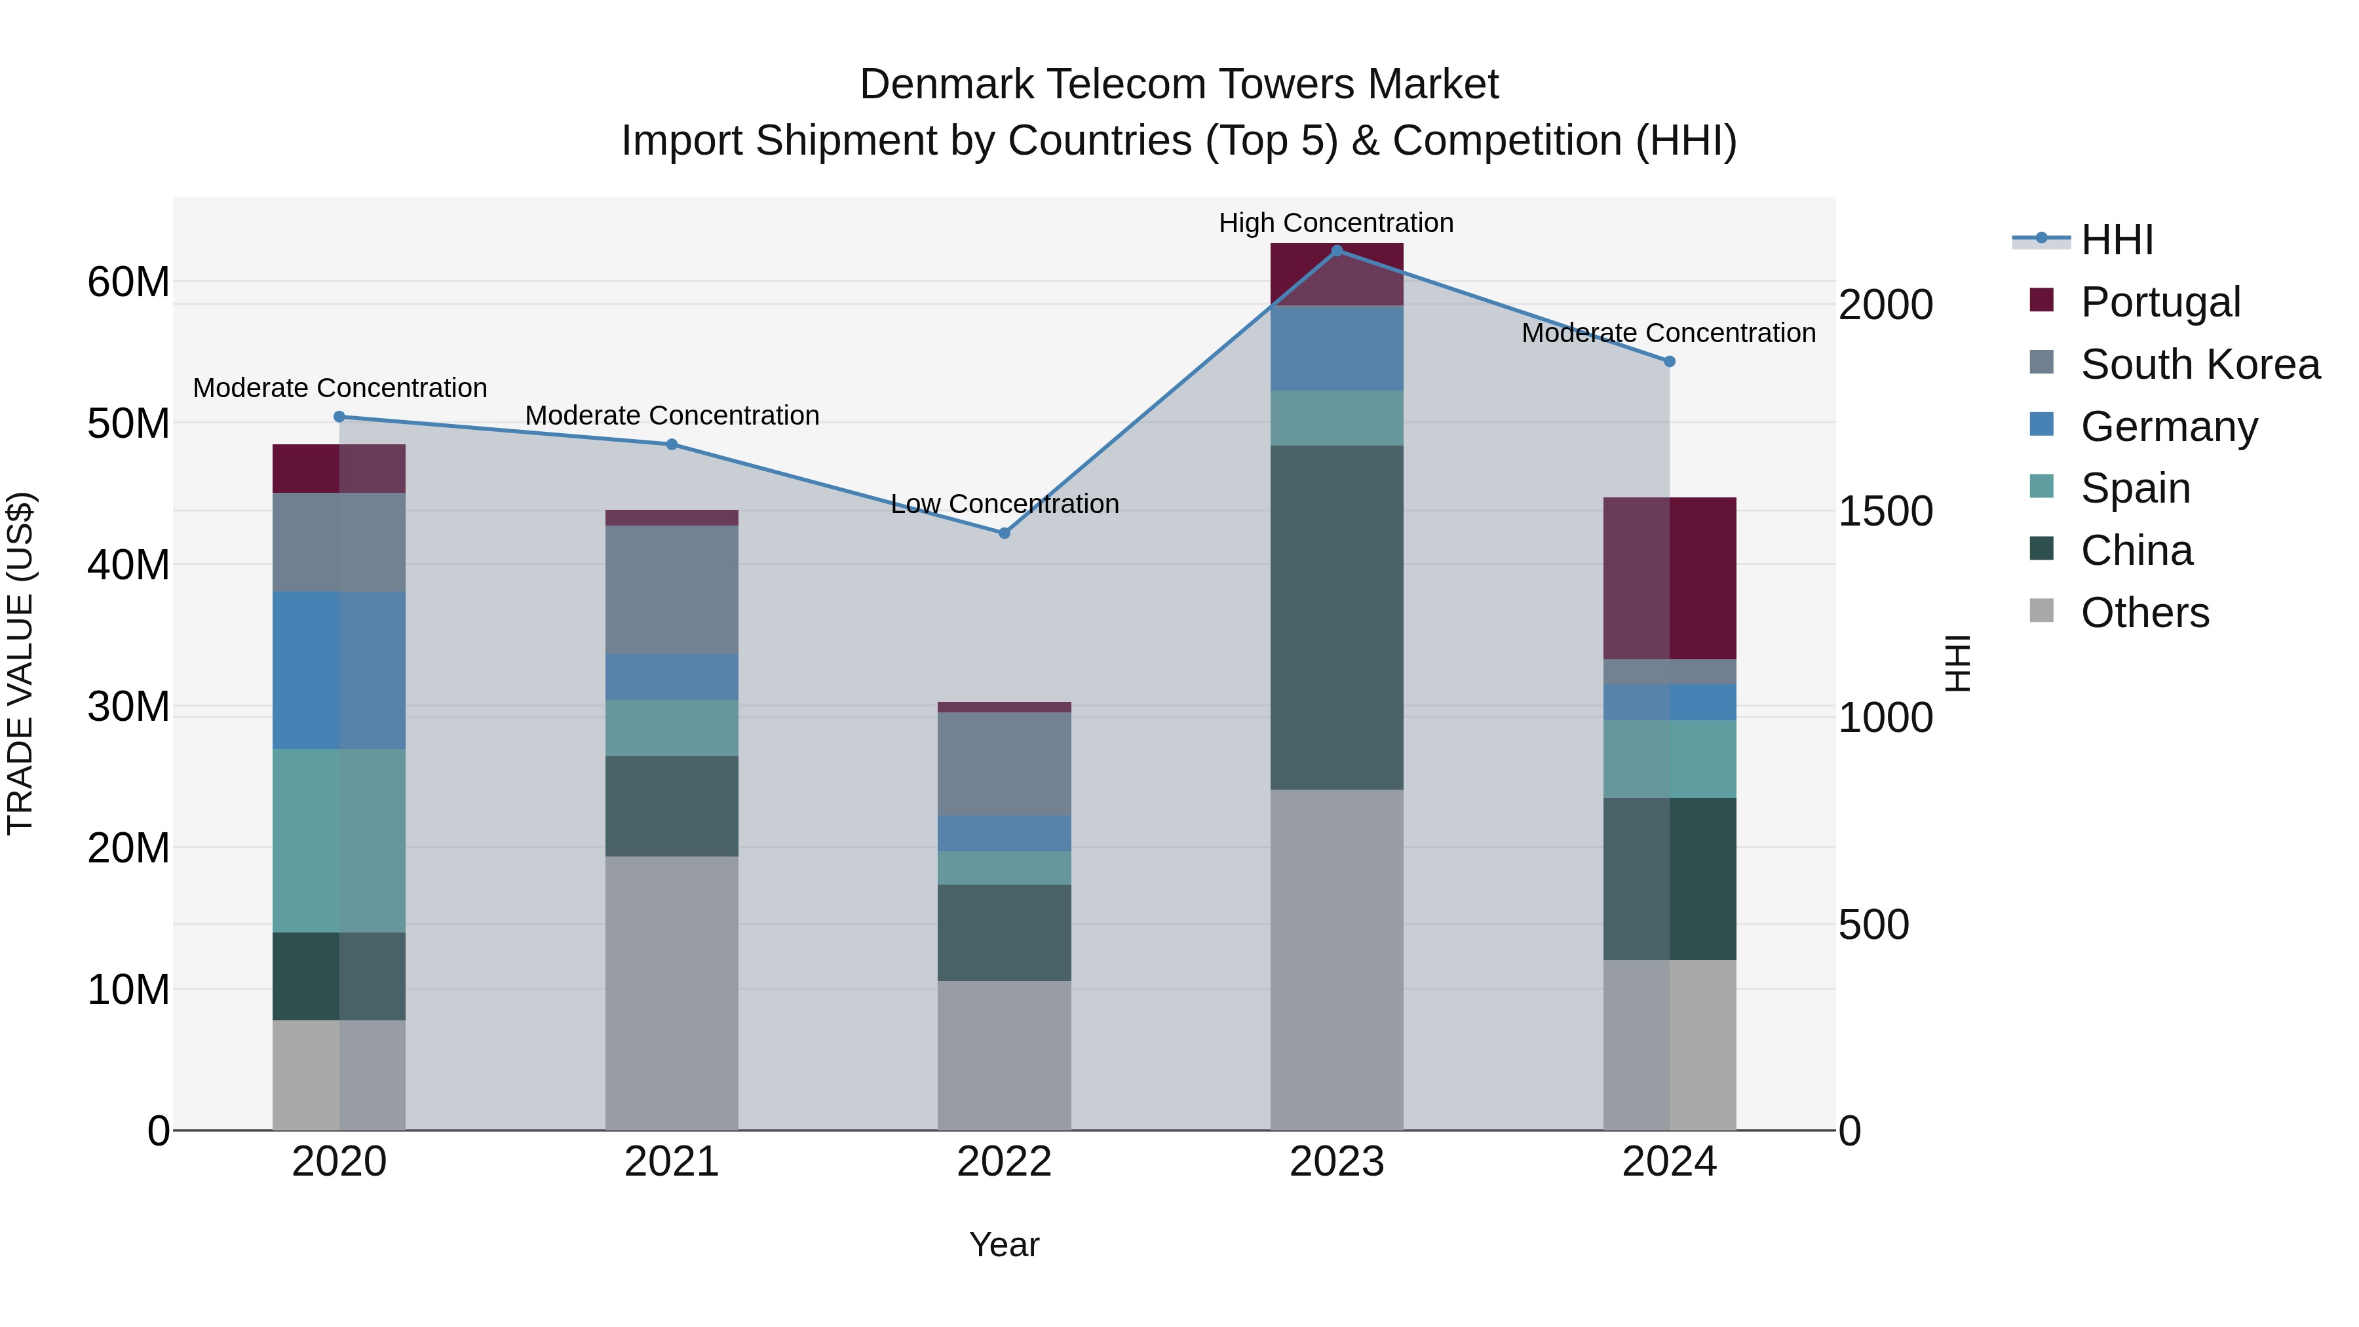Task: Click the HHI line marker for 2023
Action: (1336, 251)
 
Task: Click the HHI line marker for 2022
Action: (1004, 533)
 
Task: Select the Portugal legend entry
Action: (2159, 302)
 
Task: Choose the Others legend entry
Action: (2144, 613)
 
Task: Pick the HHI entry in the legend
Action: (2117, 240)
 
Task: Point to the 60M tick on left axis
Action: (128, 282)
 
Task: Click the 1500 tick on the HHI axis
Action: (1885, 511)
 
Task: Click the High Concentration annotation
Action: (1335, 223)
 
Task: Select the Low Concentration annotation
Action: (1004, 504)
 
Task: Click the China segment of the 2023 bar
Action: (1336, 618)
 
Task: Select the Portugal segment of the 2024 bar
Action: (1670, 579)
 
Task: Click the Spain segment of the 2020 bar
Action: (339, 841)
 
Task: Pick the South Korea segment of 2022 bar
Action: (1004, 764)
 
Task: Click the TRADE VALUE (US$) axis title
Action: (20, 663)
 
